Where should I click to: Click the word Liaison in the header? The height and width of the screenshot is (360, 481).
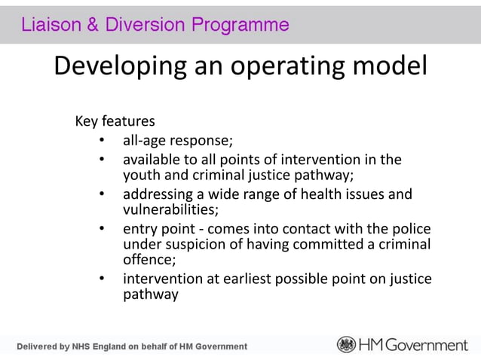pos(47,25)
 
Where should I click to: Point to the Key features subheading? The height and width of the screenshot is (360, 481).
pos(115,121)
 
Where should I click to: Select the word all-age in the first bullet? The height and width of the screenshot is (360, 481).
pos(145,141)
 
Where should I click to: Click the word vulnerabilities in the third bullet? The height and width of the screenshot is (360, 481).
pos(170,209)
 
